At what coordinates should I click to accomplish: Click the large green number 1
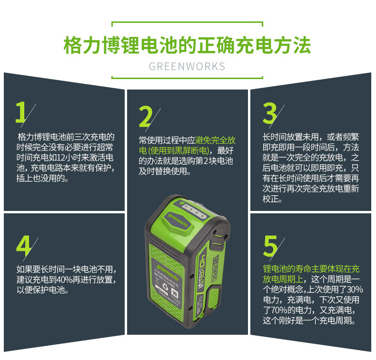(21, 112)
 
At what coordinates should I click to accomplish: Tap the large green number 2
(145, 117)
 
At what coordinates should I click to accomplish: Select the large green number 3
(269, 113)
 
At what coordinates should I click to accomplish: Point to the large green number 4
(24, 246)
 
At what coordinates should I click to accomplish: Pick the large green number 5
(270, 246)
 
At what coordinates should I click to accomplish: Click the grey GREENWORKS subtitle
(187, 67)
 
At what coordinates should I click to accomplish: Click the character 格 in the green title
(73, 45)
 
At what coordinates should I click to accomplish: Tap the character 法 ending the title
(302, 45)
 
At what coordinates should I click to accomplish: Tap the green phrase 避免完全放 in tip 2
(215, 140)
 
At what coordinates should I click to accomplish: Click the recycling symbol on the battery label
(165, 286)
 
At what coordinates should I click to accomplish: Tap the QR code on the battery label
(175, 293)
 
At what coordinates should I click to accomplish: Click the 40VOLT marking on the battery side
(202, 268)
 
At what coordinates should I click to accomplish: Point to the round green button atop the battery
(183, 203)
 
